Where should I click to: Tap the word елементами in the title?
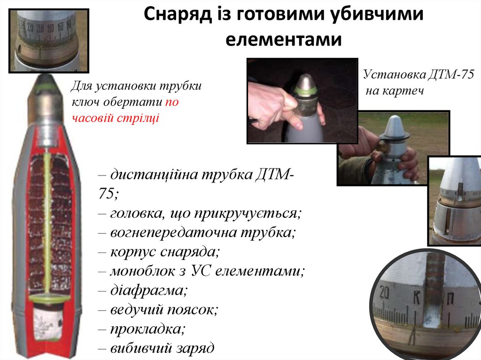[283, 39]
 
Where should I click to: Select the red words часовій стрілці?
[115, 117]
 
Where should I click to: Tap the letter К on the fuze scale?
[416, 297]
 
